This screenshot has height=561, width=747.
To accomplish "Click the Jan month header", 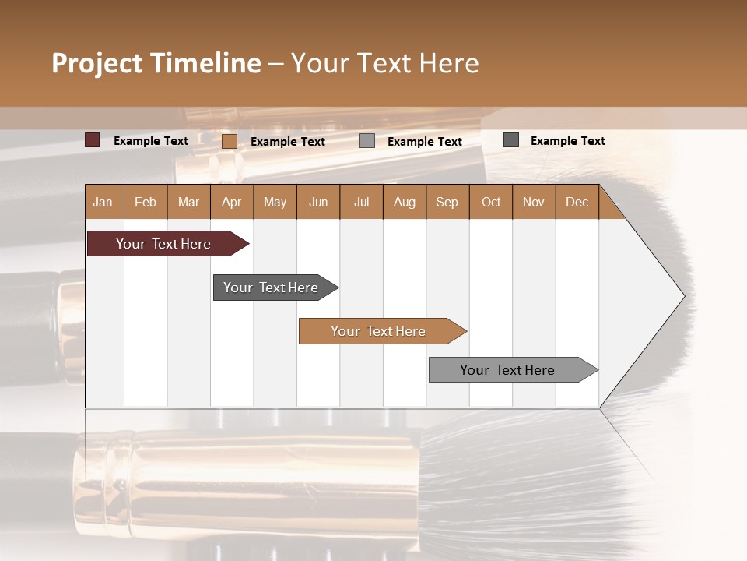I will (103, 202).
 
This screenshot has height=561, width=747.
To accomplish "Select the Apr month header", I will (232, 202).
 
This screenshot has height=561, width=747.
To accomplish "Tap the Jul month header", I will (361, 202).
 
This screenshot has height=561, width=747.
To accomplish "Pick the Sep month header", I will (447, 202).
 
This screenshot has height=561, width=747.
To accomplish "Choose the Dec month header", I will (577, 202).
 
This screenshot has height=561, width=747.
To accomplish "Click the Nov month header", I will (534, 202).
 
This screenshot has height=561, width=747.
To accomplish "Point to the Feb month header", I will (146, 202).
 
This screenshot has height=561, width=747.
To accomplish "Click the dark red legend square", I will (93, 140).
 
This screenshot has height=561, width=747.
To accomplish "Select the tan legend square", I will (230, 141).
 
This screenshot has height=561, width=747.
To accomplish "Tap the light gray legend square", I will (367, 141).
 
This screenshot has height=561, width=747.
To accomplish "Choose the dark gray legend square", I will (511, 140).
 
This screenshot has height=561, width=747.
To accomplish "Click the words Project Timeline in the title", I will (156, 63).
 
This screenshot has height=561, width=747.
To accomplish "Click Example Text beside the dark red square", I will (151, 141).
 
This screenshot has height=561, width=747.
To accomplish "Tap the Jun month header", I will (318, 202).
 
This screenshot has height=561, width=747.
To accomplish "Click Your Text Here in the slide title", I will (384, 63).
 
